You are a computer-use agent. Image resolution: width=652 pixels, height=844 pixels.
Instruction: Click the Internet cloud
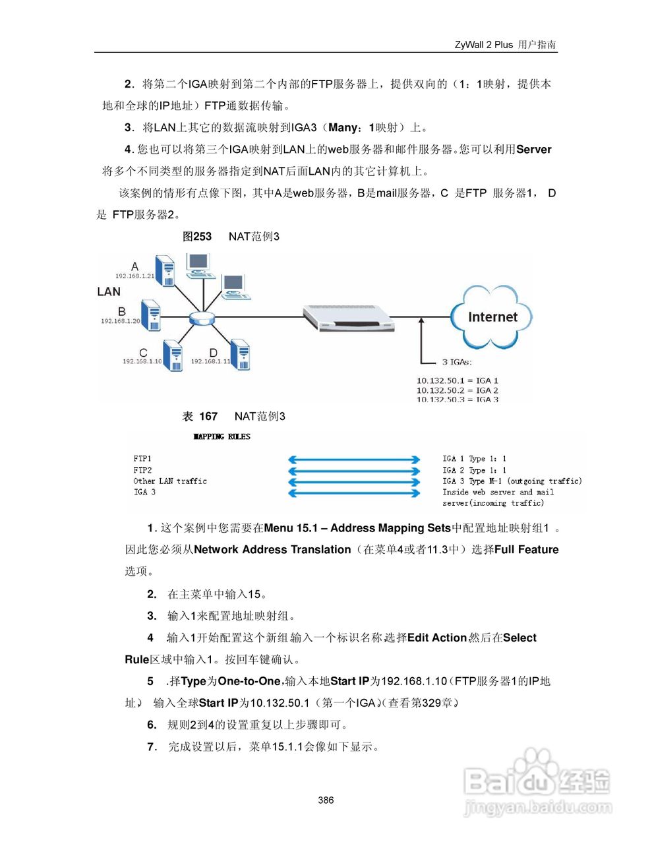[492, 317]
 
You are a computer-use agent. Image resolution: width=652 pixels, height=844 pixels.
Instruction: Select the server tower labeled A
[165, 271]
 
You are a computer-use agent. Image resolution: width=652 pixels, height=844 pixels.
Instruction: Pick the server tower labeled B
[150, 315]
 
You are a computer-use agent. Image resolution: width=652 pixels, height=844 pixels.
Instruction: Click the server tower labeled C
[173, 356]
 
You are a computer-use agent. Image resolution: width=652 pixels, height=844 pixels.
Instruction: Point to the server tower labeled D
[240, 355]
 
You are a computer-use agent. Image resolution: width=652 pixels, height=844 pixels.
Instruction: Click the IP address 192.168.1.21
[134, 276]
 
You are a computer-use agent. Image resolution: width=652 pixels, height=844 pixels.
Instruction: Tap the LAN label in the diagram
[109, 291]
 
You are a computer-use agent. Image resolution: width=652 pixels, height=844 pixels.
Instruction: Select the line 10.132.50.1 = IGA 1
[457, 380]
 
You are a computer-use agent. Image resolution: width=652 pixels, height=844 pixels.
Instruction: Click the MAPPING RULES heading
[222, 437]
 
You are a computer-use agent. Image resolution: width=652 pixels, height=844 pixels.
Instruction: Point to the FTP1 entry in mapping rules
[142, 458]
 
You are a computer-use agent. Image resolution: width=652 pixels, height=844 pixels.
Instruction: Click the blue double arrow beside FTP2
[354, 471]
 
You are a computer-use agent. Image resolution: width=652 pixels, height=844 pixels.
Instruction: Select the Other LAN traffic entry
[170, 481]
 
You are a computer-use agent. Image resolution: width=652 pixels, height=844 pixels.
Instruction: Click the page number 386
[326, 800]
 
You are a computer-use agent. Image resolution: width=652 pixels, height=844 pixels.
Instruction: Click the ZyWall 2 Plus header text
[483, 45]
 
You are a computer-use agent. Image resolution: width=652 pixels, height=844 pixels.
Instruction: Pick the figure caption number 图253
[197, 236]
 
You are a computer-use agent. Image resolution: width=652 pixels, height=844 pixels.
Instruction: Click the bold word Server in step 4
[533, 150]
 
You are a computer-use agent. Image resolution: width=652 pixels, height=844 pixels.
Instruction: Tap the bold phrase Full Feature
[526, 550]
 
